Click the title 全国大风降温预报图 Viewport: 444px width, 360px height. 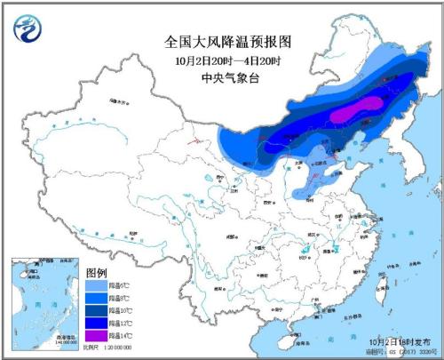pyautogui.click(x=229, y=41)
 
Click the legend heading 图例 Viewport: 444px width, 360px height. pyautogui.click(x=97, y=271)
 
